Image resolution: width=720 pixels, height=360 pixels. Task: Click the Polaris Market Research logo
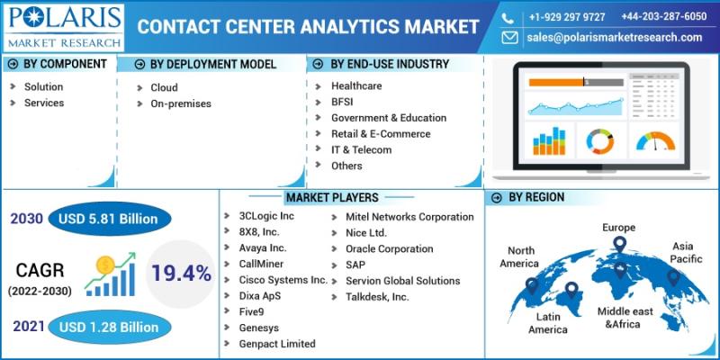[63, 27]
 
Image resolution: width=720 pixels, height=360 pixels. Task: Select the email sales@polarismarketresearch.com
[615, 38]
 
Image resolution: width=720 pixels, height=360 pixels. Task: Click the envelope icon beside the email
[510, 38]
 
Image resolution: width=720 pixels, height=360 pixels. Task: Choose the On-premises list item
[180, 103]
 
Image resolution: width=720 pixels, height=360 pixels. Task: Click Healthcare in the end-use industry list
[356, 86]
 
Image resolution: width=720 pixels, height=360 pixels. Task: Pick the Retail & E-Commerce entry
[381, 134]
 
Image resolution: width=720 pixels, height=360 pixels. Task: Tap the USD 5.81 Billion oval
[108, 219]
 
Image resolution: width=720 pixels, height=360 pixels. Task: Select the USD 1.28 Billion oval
[108, 326]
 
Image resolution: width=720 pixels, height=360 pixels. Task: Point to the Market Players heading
[332, 197]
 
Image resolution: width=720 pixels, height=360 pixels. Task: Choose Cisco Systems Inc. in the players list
[283, 280]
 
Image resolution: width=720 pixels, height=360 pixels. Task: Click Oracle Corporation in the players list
[389, 248]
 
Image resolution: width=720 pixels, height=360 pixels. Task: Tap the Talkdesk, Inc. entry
[377, 296]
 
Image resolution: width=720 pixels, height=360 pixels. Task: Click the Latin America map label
[547, 323]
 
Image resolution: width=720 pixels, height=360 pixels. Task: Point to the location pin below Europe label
[619, 244]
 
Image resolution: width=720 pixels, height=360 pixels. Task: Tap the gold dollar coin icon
[104, 265]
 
